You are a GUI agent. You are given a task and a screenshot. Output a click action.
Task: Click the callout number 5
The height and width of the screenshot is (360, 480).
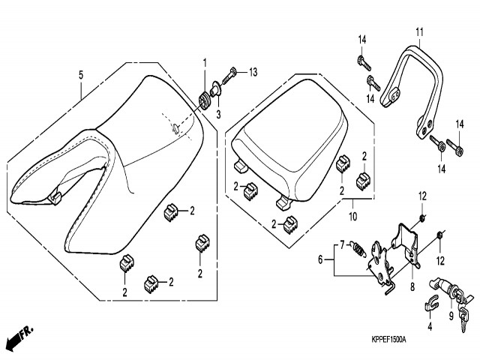[80, 74]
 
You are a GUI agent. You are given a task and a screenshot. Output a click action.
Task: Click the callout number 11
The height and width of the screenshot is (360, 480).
[419, 31]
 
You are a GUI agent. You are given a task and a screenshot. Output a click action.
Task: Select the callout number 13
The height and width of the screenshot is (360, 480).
[253, 72]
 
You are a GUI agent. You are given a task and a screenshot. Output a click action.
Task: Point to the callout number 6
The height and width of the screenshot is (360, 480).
[320, 259]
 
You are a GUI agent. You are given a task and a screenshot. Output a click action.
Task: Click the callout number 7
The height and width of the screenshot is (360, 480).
[342, 244]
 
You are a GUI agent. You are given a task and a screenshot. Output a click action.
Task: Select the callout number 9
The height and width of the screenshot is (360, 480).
[450, 316]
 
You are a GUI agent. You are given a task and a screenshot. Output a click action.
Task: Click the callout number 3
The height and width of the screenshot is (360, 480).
[219, 113]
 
